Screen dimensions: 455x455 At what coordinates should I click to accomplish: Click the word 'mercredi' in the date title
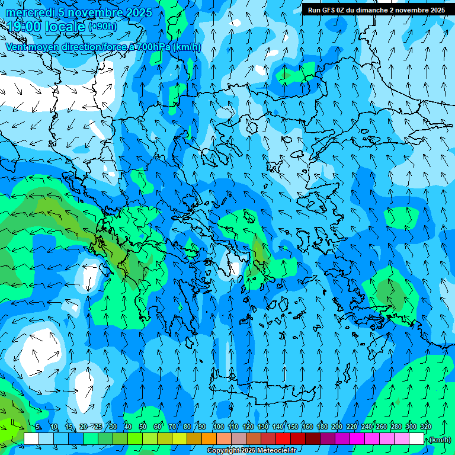(30, 13)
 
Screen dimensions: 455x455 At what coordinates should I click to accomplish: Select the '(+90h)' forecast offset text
(102, 27)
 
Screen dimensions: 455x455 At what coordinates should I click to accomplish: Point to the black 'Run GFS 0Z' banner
(376, 10)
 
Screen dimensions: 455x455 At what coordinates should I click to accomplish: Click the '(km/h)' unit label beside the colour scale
(439, 439)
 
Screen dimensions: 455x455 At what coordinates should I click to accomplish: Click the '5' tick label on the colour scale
(39, 427)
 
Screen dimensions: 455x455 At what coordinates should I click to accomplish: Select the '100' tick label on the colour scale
(219, 427)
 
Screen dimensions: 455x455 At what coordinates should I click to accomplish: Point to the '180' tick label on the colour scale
(322, 427)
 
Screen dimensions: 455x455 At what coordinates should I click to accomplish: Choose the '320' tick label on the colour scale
(426, 427)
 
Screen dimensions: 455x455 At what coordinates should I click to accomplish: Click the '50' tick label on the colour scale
(143, 427)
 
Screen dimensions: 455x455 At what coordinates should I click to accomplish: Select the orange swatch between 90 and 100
(209, 438)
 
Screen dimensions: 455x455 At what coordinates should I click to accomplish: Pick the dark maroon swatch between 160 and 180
(313, 438)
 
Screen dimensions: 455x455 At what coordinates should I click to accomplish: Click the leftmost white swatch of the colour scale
(31, 438)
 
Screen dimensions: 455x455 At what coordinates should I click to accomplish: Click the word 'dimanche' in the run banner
(372, 10)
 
